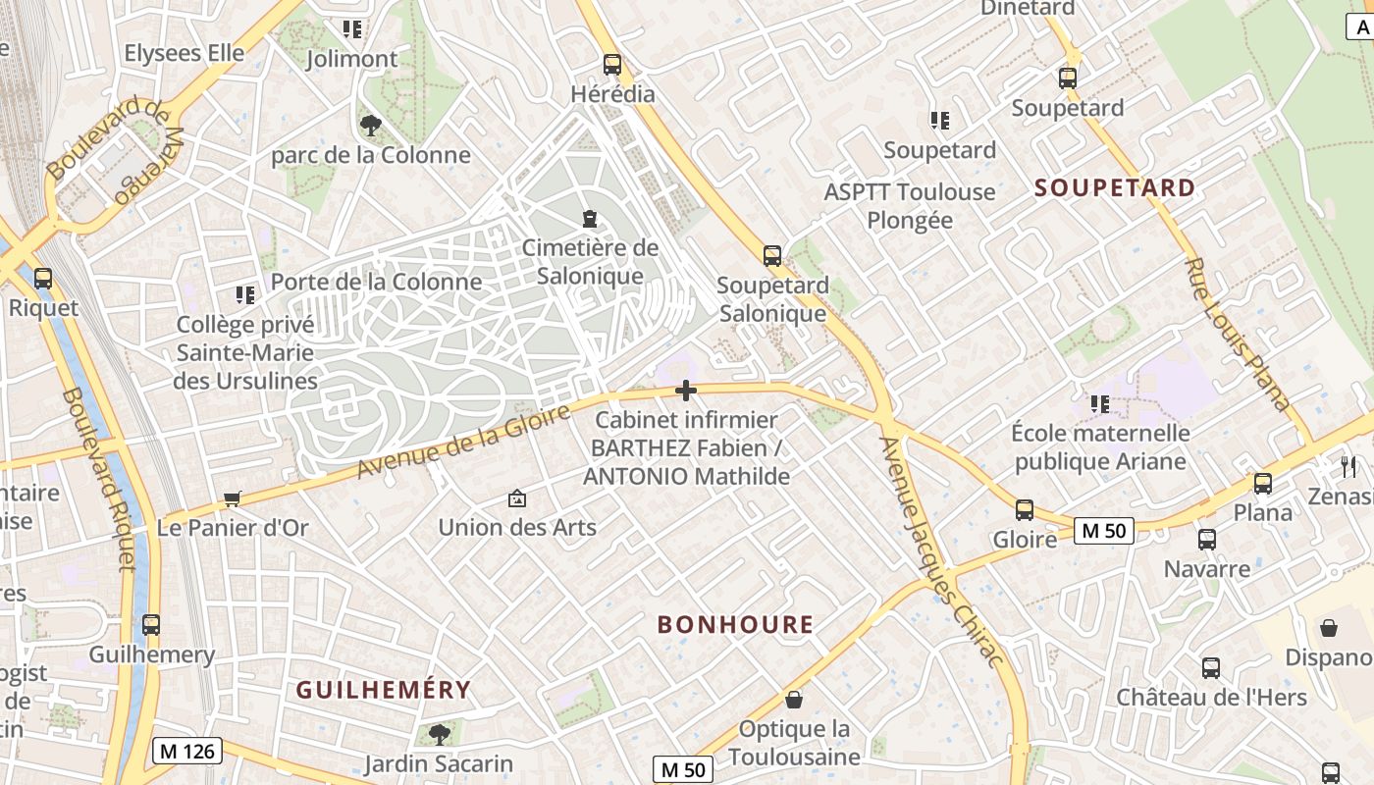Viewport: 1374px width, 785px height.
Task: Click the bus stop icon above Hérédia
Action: tap(612, 65)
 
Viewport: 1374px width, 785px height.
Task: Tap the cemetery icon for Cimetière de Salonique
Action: tap(589, 218)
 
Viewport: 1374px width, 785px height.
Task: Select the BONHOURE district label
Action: tap(735, 625)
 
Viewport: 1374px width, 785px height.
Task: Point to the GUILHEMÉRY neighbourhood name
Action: tap(384, 690)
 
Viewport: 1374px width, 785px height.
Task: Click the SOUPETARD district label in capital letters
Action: tap(1116, 188)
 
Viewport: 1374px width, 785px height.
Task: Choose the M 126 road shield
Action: tap(187, 752)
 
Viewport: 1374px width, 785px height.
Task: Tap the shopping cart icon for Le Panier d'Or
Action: tap(233, 498)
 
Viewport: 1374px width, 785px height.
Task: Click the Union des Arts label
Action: tap(517, 527)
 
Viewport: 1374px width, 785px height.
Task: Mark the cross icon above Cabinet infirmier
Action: tap(686, 392)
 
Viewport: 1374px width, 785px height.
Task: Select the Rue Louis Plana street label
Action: tap(1237, 334)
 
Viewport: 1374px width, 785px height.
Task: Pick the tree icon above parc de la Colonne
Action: tap(371, 125)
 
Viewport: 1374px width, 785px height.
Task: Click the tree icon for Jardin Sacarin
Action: tap(440, 733)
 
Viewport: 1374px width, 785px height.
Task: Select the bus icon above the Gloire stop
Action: tap(1025, 510)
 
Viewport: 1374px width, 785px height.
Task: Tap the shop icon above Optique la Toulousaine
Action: tap(794, 700)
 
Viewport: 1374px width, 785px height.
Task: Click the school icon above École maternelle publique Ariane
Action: tap(1100, 403)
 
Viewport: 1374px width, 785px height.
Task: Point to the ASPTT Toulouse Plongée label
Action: tap(910, 205)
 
